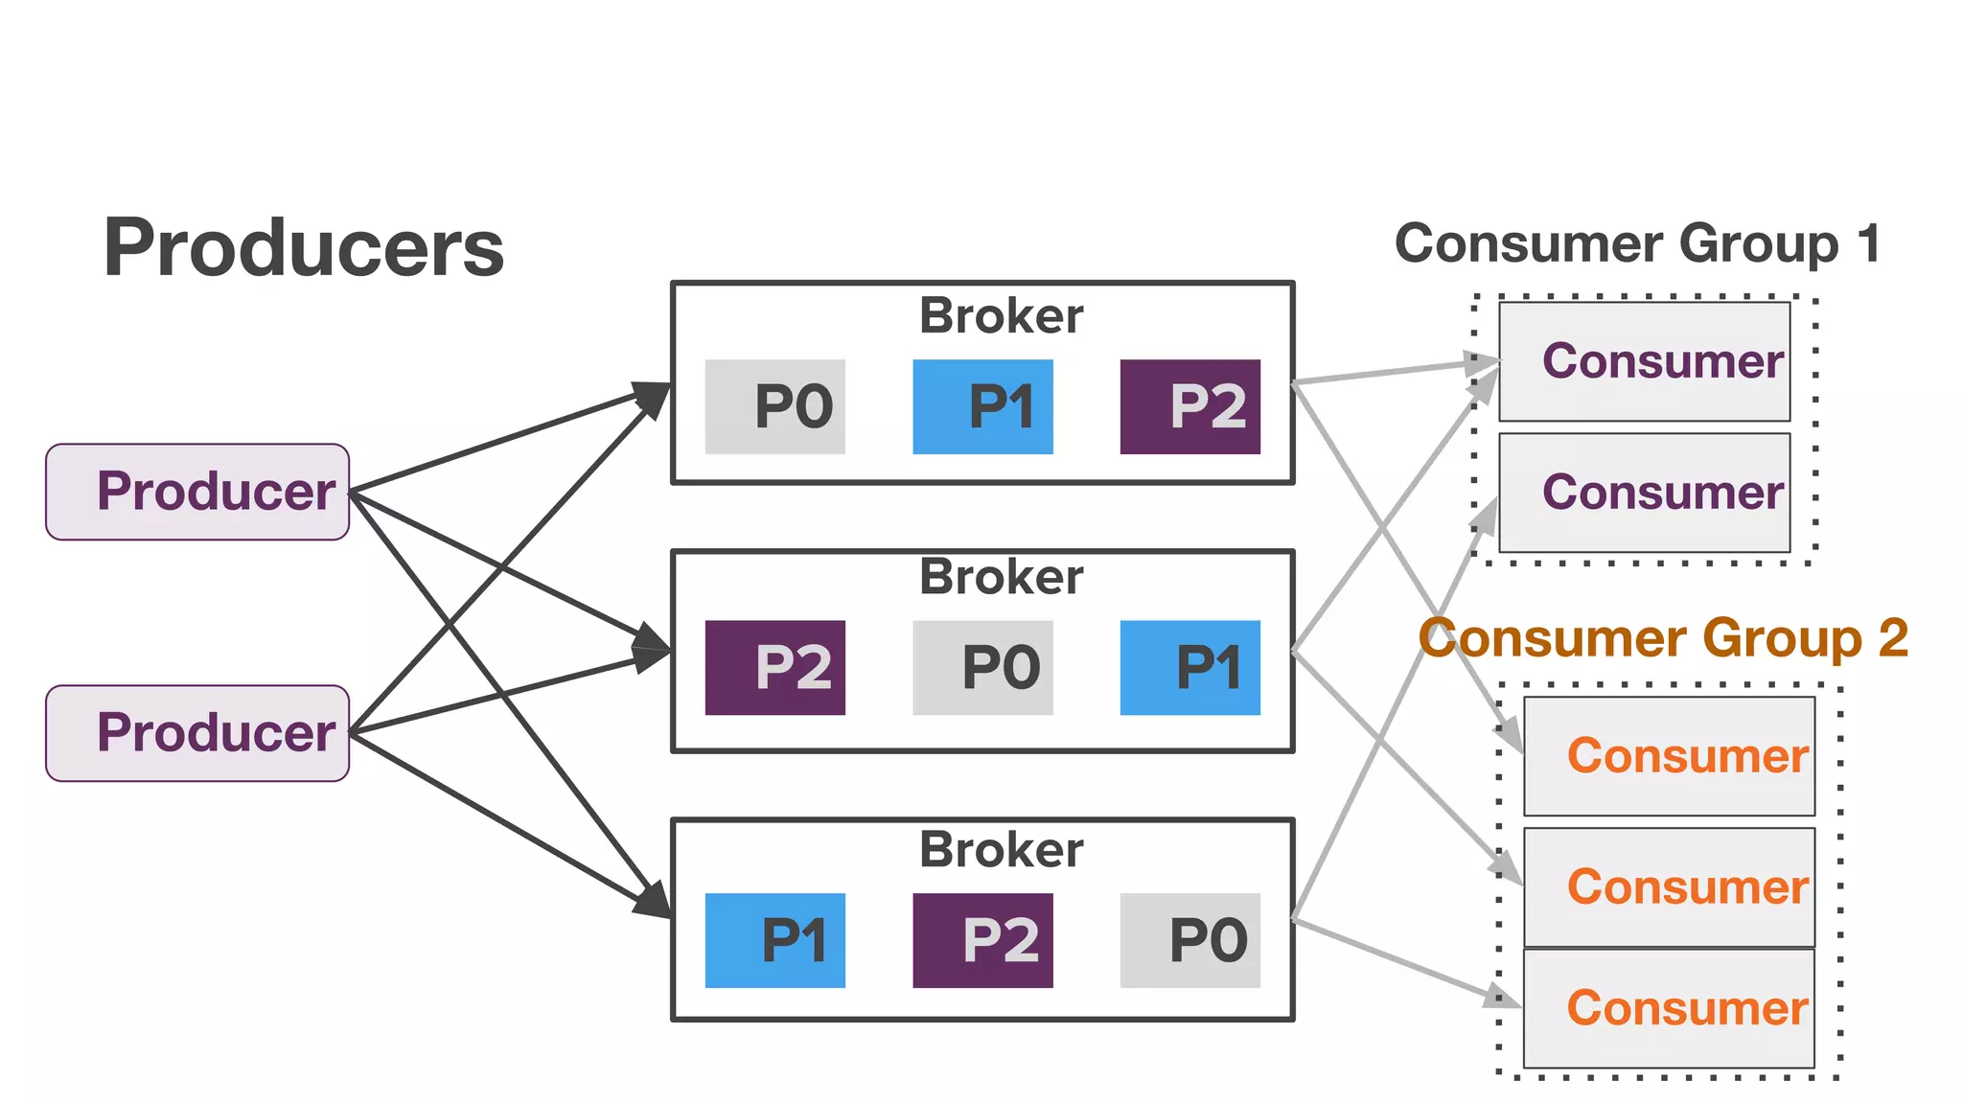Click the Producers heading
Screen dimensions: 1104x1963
(303, 248)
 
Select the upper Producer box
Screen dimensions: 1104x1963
(197, 492)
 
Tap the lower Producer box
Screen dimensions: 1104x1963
(197, 733)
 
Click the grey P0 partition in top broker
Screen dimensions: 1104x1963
(774, 406)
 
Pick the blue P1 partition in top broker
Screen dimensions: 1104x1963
(982, 406)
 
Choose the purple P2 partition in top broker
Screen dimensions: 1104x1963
(1189, 406)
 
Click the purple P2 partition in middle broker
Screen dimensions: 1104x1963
(774, 667)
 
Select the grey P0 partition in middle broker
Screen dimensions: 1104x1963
(982, 667)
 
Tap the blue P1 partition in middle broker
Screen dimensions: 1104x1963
(1189, 667)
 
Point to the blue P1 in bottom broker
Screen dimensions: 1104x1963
(774, 940)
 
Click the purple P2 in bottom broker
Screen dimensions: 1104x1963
(982, 940)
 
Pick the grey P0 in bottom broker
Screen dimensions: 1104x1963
(1189, 940)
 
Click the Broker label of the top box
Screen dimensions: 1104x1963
(1001, 315)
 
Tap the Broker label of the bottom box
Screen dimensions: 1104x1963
(1001, 849)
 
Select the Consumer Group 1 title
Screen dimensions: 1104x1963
(1637, 243)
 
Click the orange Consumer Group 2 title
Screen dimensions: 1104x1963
(1663, 638)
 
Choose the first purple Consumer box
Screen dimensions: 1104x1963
(1644, 361)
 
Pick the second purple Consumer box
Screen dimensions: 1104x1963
(1644, 493)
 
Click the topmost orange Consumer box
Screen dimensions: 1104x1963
(1669, 756)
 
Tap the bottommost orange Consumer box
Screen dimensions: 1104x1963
(1669, 1008)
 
